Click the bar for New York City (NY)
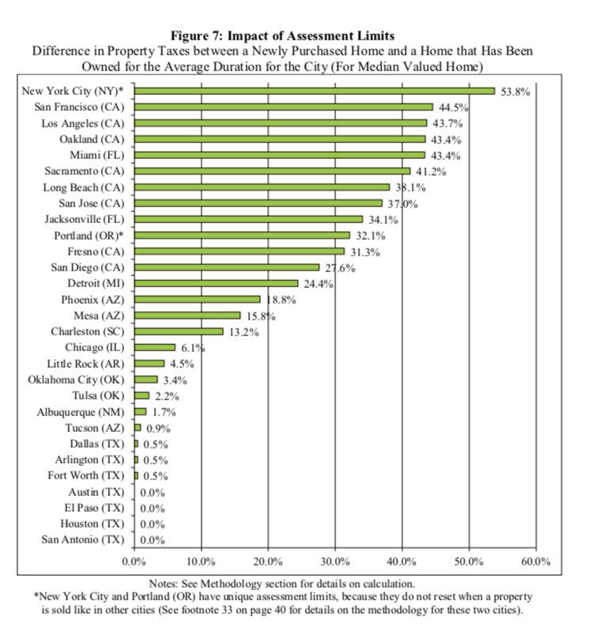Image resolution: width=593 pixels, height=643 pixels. [x=314, y=91]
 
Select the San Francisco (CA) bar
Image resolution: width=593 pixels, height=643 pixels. [x=283, y=107]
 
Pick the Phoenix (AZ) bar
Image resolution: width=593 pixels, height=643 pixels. [x=197, y=300]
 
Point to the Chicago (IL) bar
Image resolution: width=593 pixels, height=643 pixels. [x=154, y=347]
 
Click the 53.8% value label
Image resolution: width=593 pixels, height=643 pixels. [x=514, y=92]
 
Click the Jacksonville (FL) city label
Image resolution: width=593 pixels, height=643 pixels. [x=85, y=219]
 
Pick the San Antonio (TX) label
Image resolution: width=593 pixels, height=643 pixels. [x=83, y=539]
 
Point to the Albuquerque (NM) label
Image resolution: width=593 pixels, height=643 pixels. [x=81, y=411]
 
